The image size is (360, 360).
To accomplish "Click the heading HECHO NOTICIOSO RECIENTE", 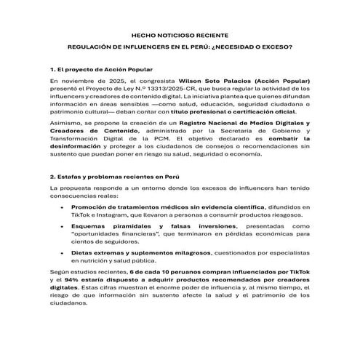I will [x=180, y=34].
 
